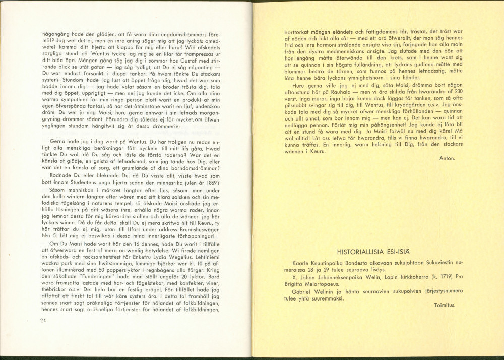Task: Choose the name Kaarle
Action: click(x=302, y=263)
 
